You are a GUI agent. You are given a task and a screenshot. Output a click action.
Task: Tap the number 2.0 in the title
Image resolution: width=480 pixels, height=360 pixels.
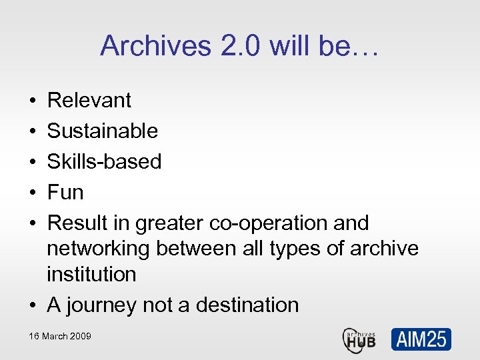pyautogui.click(x=231, y=46)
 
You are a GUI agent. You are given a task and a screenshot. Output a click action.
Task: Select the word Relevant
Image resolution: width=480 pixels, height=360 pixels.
pyautogui.click(x=89, y=101)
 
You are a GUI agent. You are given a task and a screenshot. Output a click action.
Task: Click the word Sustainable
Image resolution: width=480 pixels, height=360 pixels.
pyautogui.click(x=102, y=131)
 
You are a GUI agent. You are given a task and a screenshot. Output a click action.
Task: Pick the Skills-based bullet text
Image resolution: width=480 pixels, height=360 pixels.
pyautogui.click(x=104, y=161)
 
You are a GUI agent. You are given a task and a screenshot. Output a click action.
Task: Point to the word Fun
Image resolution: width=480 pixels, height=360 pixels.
pyautogui.click(x=65, y=193)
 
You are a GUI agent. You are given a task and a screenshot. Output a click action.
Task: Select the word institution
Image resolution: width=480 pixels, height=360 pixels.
pyautogui.click(x=91, y=274)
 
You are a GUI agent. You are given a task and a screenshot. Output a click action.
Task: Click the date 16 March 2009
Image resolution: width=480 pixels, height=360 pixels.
pyautogui.click(x=60, y=336)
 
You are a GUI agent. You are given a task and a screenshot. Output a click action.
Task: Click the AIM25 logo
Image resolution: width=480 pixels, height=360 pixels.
pyautogui.click(x=421, y=339)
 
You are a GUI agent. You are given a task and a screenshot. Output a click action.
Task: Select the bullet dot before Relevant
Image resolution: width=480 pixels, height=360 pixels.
pyautogui.click(x=33, y=101)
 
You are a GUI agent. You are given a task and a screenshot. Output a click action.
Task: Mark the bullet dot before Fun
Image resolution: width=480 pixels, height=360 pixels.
pyautogui.click(x=33, y=193)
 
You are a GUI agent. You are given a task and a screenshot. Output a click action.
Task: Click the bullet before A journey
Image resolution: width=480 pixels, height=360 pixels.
pyautogui.click(x=33, y=306)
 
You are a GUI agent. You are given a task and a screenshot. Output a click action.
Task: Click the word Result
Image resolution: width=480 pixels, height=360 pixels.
pyautogui.click(x=76, y=223)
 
